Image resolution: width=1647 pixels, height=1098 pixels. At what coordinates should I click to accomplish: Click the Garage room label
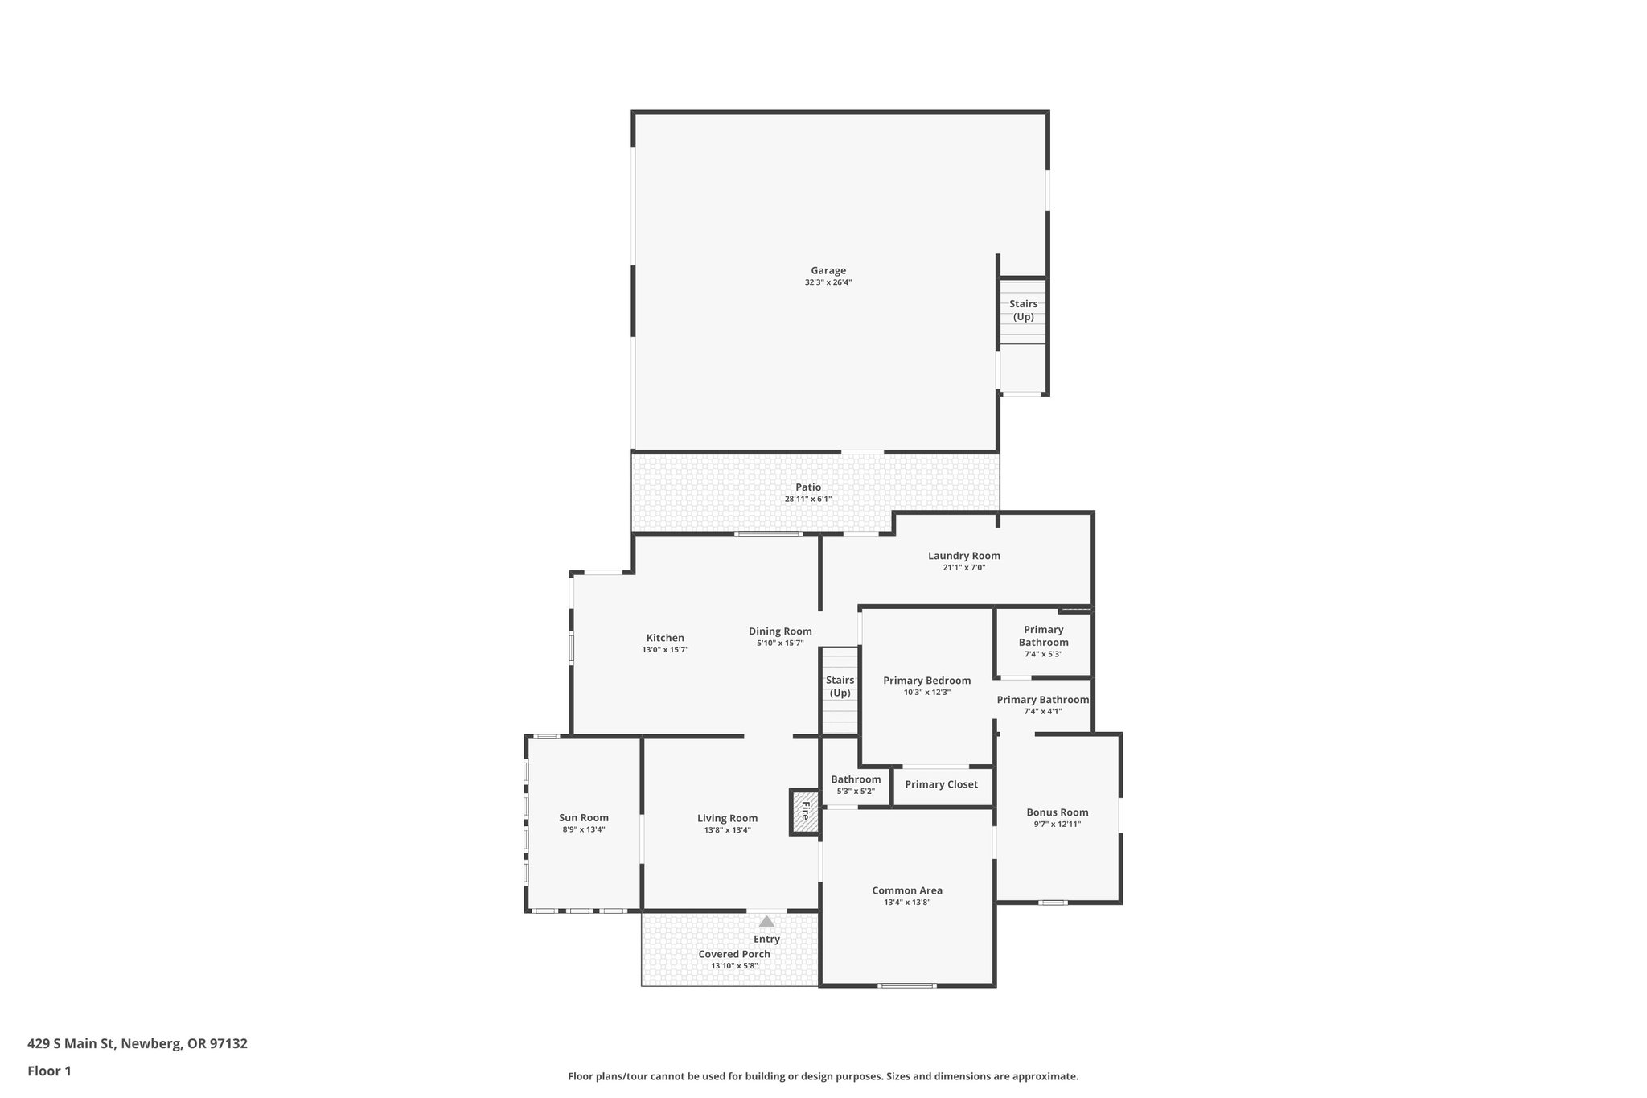point(828,270)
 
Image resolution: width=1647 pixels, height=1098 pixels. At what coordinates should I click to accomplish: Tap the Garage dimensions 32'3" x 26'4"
point(828,282)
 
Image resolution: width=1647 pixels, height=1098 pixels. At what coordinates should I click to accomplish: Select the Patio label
point(808,487)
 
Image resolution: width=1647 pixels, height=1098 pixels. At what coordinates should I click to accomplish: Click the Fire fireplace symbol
point(804,812)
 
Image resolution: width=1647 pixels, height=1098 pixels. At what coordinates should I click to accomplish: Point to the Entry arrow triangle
point(766,922)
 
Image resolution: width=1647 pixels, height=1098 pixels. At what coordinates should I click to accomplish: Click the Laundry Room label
point(963,555)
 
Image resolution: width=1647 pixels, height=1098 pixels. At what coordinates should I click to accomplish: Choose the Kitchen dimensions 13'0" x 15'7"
point(665,650)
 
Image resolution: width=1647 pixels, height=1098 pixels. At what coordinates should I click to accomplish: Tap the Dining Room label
point(780,631)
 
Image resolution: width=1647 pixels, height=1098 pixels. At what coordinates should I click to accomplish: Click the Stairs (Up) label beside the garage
point(1023,310)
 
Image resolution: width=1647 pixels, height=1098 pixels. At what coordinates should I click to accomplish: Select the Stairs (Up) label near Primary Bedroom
point(840,686)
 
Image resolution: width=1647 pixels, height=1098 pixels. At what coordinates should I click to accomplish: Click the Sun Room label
point(584,817)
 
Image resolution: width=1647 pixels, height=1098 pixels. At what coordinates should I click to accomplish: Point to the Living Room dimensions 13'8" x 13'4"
point(727,830)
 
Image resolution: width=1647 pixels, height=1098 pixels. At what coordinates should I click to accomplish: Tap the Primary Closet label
point(941,784)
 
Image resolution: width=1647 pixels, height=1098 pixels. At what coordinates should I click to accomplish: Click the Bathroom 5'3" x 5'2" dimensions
point(856,792)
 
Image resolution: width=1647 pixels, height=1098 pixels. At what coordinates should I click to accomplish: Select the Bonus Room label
point(1057,812)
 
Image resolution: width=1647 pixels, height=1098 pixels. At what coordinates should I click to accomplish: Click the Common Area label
point(907,890)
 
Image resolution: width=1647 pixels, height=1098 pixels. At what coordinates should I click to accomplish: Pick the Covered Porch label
point(734,954)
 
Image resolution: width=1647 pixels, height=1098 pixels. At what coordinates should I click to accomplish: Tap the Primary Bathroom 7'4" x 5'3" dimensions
point(1043,654)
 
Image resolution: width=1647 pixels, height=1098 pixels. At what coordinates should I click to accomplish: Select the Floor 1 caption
point(49,1071)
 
